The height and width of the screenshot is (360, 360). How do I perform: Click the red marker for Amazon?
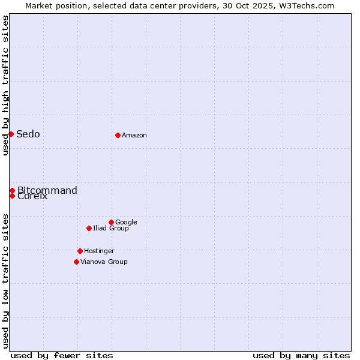(x=118, y=135)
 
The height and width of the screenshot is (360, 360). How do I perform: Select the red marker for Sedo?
(x=11, y=134)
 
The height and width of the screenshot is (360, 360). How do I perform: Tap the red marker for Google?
(x=111, y=222)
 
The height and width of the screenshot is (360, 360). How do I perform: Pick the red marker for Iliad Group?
(x=89, y=228)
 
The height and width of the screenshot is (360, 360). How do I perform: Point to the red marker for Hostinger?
(x=80, y=251)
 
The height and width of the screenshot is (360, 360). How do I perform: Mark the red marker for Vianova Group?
(x=76, y=262)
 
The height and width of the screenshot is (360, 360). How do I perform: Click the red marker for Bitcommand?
(x=12, y=190)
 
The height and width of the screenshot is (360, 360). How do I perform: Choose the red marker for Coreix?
(x=12, y=196)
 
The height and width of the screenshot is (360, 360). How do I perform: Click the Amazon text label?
(x=134, y=136)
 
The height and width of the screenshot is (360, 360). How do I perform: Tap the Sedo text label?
(x=28, y=134)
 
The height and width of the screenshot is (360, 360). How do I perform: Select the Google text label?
(x=126, y=222)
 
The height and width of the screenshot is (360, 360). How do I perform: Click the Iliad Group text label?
(x=111, y=228)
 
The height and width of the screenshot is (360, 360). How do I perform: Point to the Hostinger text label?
(x=99, y=251)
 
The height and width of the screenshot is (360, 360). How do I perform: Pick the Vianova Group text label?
(x=104, y=262)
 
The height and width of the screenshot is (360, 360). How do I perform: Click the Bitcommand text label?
(x=47, y=190)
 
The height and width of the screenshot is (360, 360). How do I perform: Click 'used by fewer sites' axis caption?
(x=62, y=355)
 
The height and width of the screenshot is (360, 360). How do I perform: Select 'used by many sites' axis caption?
(x=301, y=355)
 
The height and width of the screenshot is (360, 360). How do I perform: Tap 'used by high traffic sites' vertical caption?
(x=5, y=85)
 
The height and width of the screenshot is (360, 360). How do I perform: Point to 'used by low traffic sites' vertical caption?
(x=5, y=280)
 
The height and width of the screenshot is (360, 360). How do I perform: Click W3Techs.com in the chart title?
(x=310, y=5)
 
